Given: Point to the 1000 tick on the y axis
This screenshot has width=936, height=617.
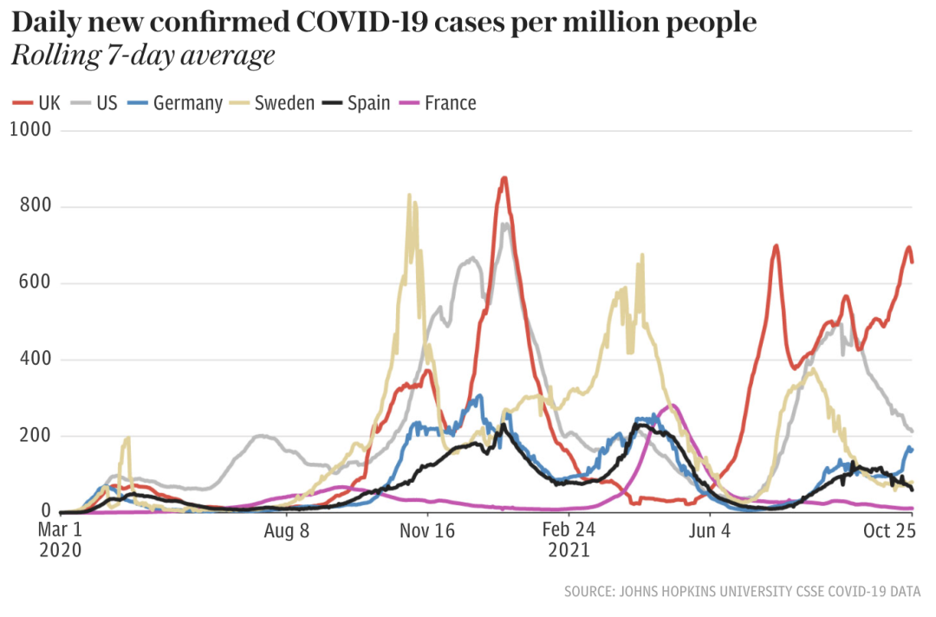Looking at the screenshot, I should point(32,130).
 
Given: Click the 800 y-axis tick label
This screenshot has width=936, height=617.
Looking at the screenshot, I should point(35,206).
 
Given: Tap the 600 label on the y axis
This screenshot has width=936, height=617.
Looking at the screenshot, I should point(35,283).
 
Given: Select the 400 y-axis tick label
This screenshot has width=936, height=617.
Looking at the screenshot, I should point(35,360).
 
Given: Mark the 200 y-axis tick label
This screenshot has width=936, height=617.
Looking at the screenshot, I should point(35,436).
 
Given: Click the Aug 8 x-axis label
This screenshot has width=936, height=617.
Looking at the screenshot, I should point(286,529).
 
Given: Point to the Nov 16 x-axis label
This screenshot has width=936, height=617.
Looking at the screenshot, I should point(428,529).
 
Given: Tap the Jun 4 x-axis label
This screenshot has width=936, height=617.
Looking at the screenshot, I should point(709,529).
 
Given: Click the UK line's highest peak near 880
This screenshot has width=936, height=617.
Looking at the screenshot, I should point(504,179).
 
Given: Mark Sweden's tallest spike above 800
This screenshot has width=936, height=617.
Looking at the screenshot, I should point(409,196).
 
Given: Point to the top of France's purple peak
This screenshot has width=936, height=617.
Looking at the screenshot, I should point(672,406).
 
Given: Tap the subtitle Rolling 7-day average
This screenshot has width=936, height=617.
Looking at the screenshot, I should point(143,56).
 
